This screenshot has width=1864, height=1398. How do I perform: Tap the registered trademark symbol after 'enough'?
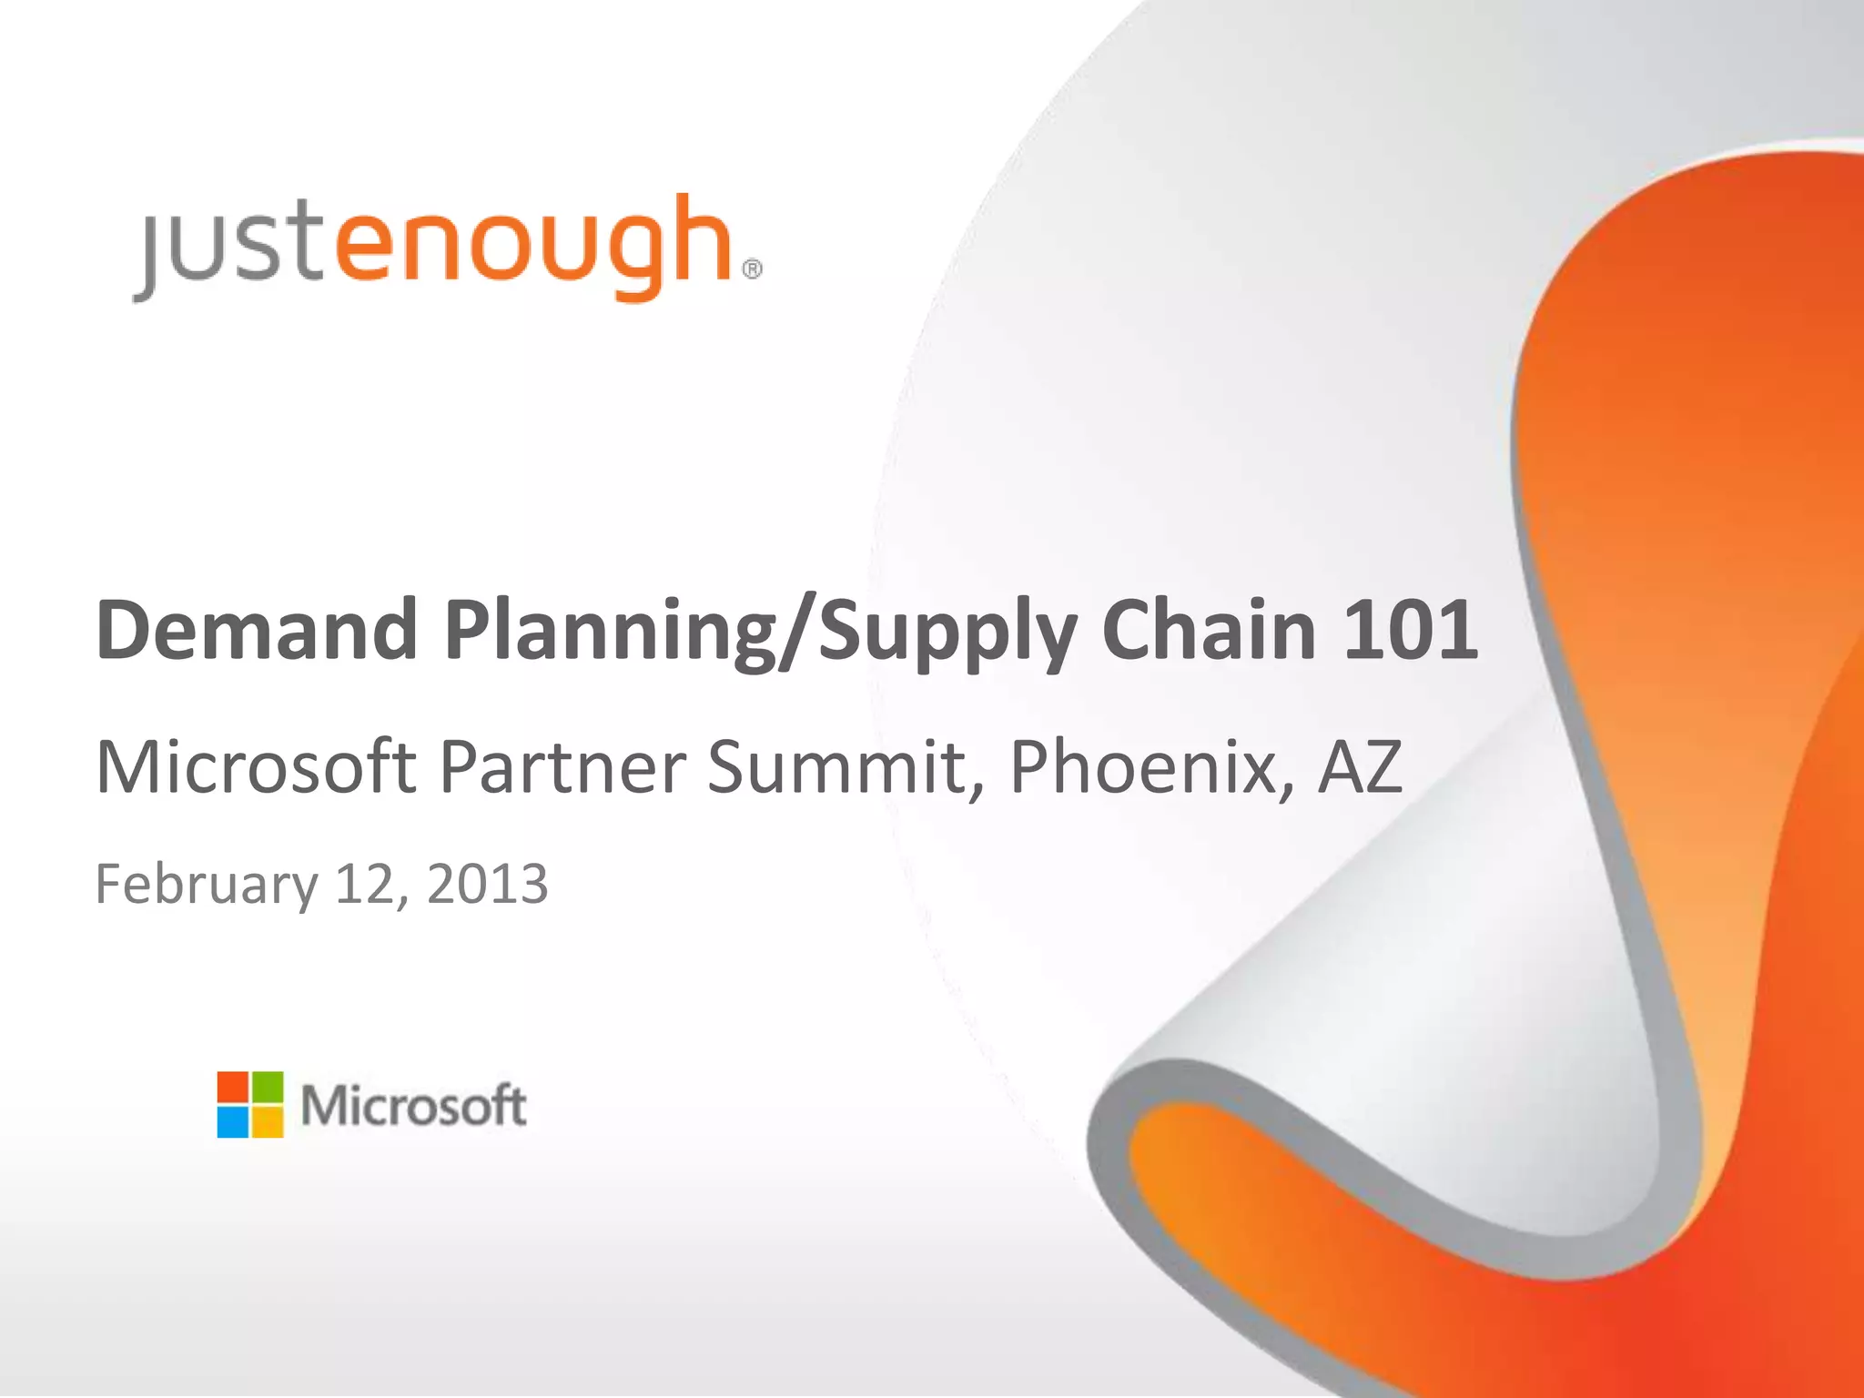coord(753,269)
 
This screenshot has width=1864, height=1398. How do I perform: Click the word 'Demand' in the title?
coord(258,630)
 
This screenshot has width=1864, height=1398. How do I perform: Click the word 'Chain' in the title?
coord(1209,630)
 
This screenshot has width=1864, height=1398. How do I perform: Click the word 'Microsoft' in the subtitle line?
coord(256,766)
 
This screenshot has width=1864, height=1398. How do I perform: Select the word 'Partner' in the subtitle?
coord(563,766)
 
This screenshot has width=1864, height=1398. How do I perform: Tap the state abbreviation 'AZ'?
coord(1360,766)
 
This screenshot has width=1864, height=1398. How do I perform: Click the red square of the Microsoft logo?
coord(233,1088)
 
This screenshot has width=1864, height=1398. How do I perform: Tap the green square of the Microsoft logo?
coord(268,1088)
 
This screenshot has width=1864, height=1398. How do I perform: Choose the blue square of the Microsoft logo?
coord(233,1122)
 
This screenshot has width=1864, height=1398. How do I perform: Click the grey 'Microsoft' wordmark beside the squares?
coord(414,1106)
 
